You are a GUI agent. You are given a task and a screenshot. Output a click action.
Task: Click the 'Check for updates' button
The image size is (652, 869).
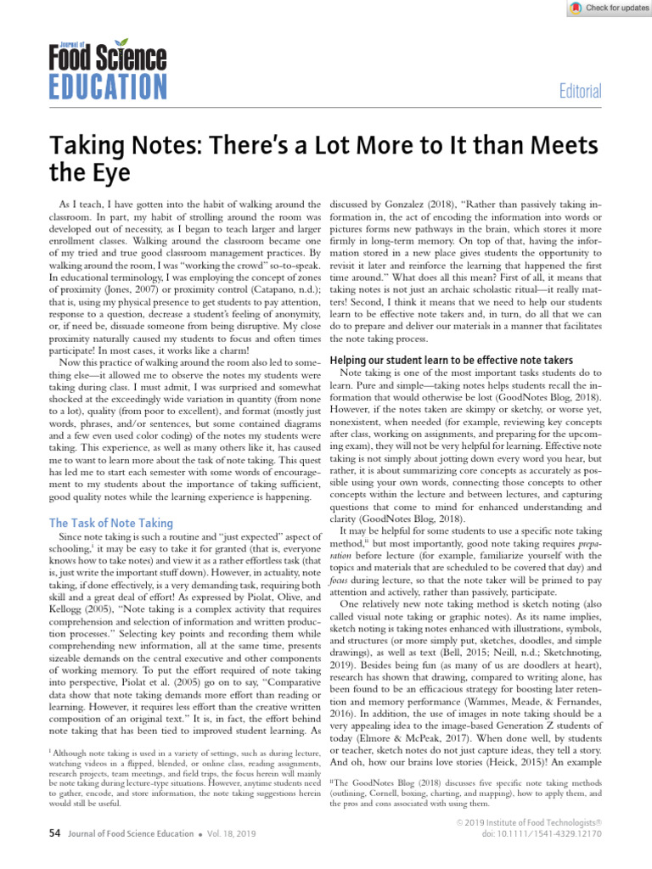tap(606, 8)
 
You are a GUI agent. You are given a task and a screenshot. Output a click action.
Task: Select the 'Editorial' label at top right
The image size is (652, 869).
tap(578, 92)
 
